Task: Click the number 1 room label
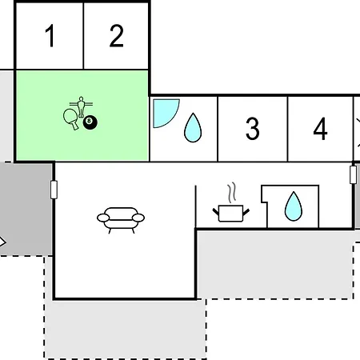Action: pyautogui.click(x=50, y=35)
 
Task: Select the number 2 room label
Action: pyautogui.click(x=117, y=35)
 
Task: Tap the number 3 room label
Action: pyautogui.click(x=252, y=128)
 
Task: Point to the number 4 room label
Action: pyautogui.click(x=320, y=128)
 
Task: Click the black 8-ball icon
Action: pyautogui.click(x=90, y=122)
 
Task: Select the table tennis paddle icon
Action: pyautogui.click(x=71, y=118)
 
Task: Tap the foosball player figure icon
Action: pyautogui.click(x=81, y=106)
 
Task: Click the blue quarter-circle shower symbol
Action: pyautogui.click(x=166, y=114)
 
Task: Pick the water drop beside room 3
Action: pyautogui.click(x=193, y=127)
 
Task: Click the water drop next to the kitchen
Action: pyautogui.click(x=294, y=206)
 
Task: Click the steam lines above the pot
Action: pyautogui.click(x=232, y=193)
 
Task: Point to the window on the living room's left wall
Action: pyautogui.click(x=54, y=190)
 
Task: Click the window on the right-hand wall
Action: pyautogui.click(x=353, y=174)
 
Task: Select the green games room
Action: pyautogui.click(x=82, y=116)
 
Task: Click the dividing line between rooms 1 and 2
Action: pyautogui.click(x=83, y=36)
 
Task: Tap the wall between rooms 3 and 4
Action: pyautogui.click(x=288, y=129)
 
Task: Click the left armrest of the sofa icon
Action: pyautogui.click(x=103, y=218)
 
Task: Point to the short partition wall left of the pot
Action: pyautogui.click(x=196, y=206)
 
